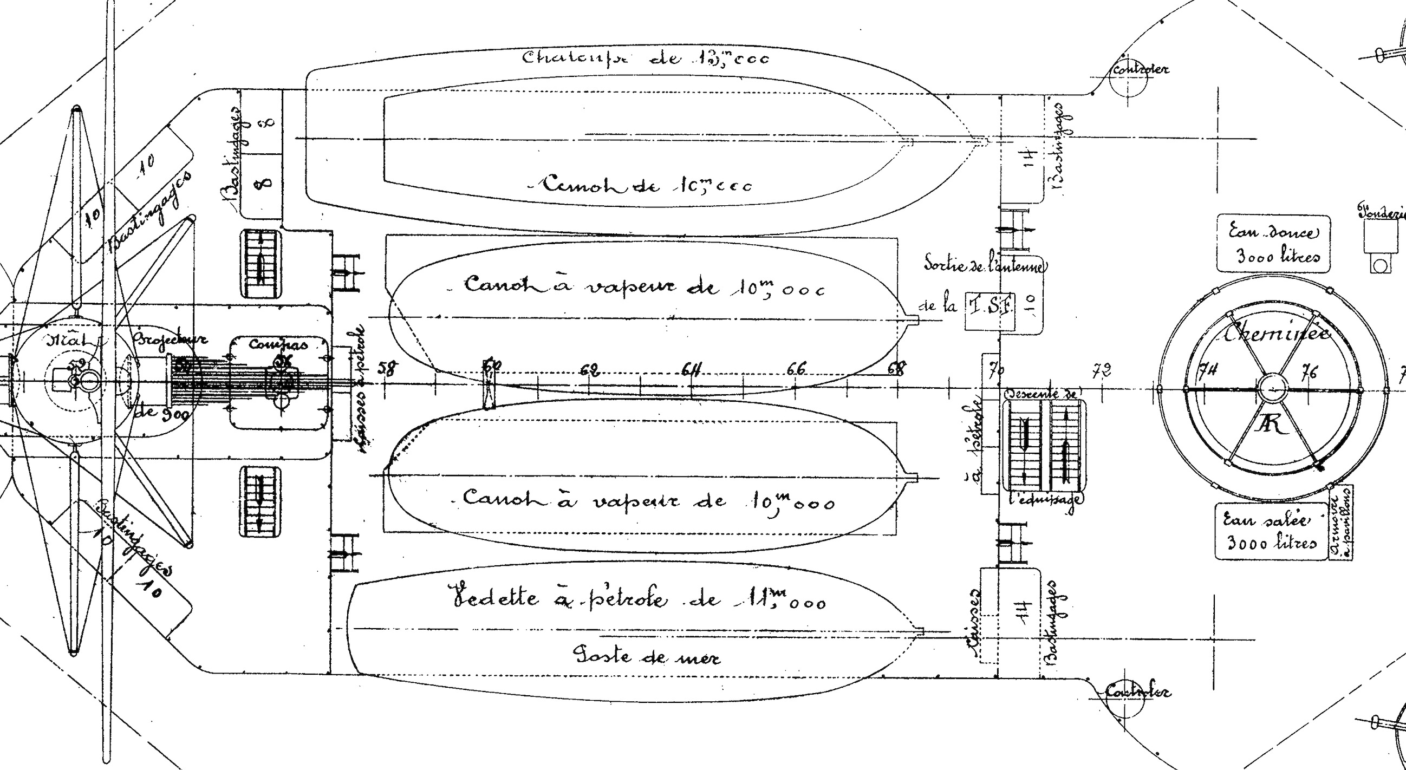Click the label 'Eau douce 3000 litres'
(x=1273, y=244)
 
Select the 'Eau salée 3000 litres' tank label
(x=1271, y=531)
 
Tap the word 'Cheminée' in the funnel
(x=1276, y=332)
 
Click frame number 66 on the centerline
(x=796, y=369)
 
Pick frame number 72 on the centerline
(x=1102, y=371)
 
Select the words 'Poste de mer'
(x=647, y=655)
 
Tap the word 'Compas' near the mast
(x=278, y=344)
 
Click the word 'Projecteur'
(x=170, y=339)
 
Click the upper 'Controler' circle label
(x=1140, y=70)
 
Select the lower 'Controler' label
(x=1137, y=691)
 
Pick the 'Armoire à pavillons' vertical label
(x=1340, y=522)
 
